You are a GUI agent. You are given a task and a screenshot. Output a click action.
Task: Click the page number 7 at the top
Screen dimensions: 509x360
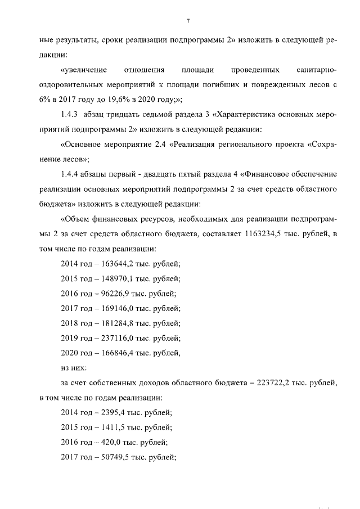click(188, 21)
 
